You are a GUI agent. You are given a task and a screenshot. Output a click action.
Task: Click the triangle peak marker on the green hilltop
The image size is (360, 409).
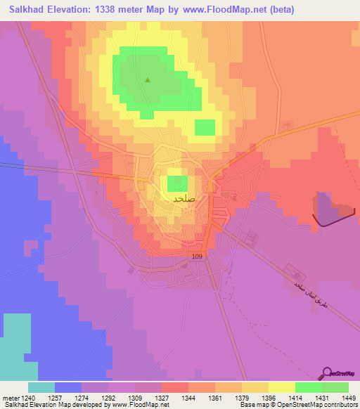[148, 79]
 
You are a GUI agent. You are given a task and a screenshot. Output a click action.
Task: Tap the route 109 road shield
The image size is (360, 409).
[197, 258]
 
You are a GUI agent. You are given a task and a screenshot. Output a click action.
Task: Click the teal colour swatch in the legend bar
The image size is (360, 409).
[41, 387]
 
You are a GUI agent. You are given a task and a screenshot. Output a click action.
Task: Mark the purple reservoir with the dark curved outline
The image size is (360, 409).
[330, 209]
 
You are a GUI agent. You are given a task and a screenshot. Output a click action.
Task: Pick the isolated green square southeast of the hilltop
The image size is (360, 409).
[205, 127]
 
